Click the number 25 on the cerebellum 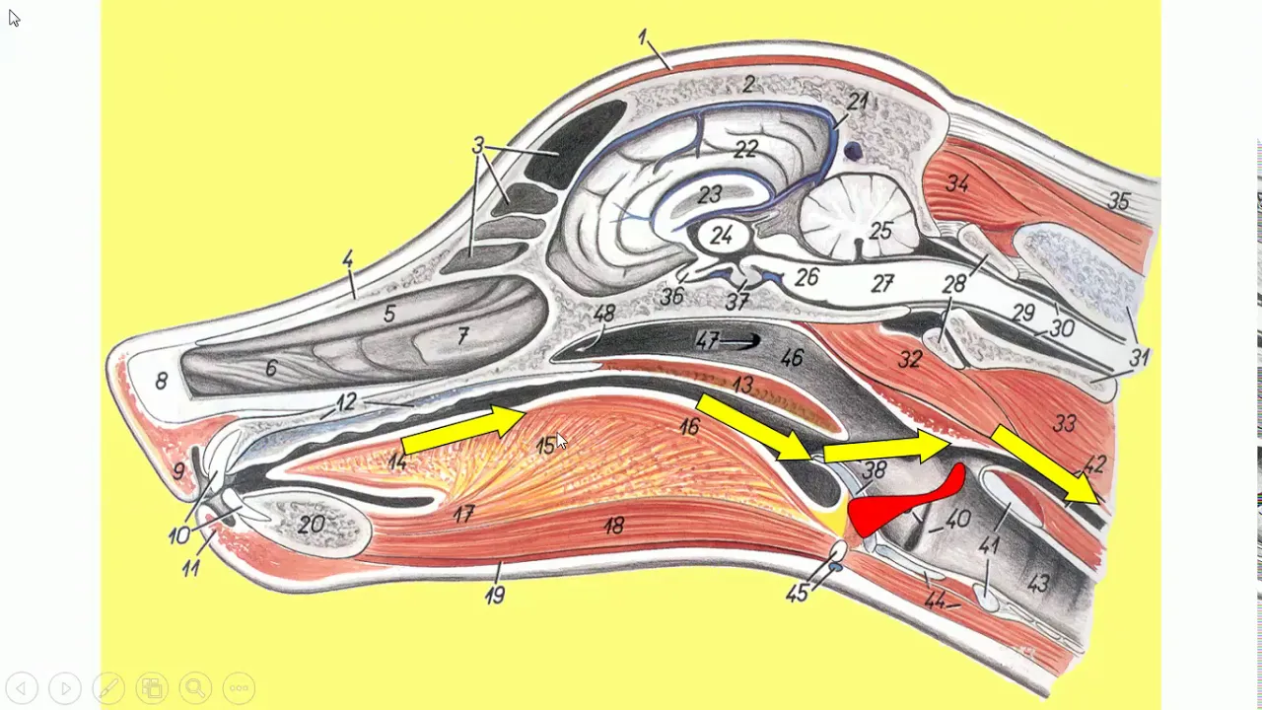tap(880, 231)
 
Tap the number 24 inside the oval tap(722, 236)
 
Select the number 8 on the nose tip tap(161, 381)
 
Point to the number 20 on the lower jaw tap(312, 525)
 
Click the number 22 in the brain tap(745, 149)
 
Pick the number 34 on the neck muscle tap(957, 183)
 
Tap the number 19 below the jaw tap(495, 595)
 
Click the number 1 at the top tap(643, 37)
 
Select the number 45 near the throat tap(797, 593)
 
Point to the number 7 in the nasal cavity tap(462, 337)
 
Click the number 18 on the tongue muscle tap(613, 527)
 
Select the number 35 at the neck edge tap(1118, 202)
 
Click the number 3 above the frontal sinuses tap(478, 147)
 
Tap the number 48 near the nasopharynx tap(604, 314)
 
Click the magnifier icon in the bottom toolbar tap(195, 687)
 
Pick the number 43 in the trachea tap(1038, 584)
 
